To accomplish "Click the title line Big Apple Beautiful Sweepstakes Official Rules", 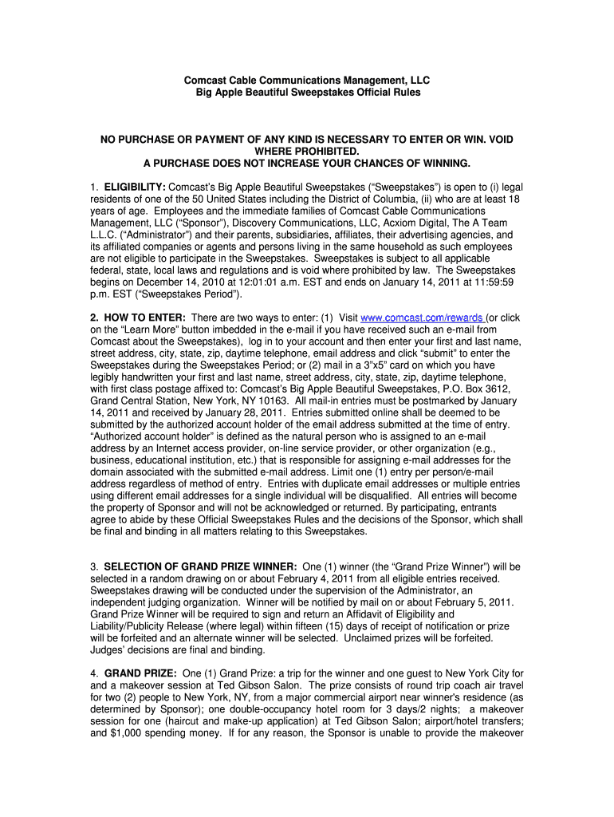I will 307,93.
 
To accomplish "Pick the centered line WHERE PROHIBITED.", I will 307,152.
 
